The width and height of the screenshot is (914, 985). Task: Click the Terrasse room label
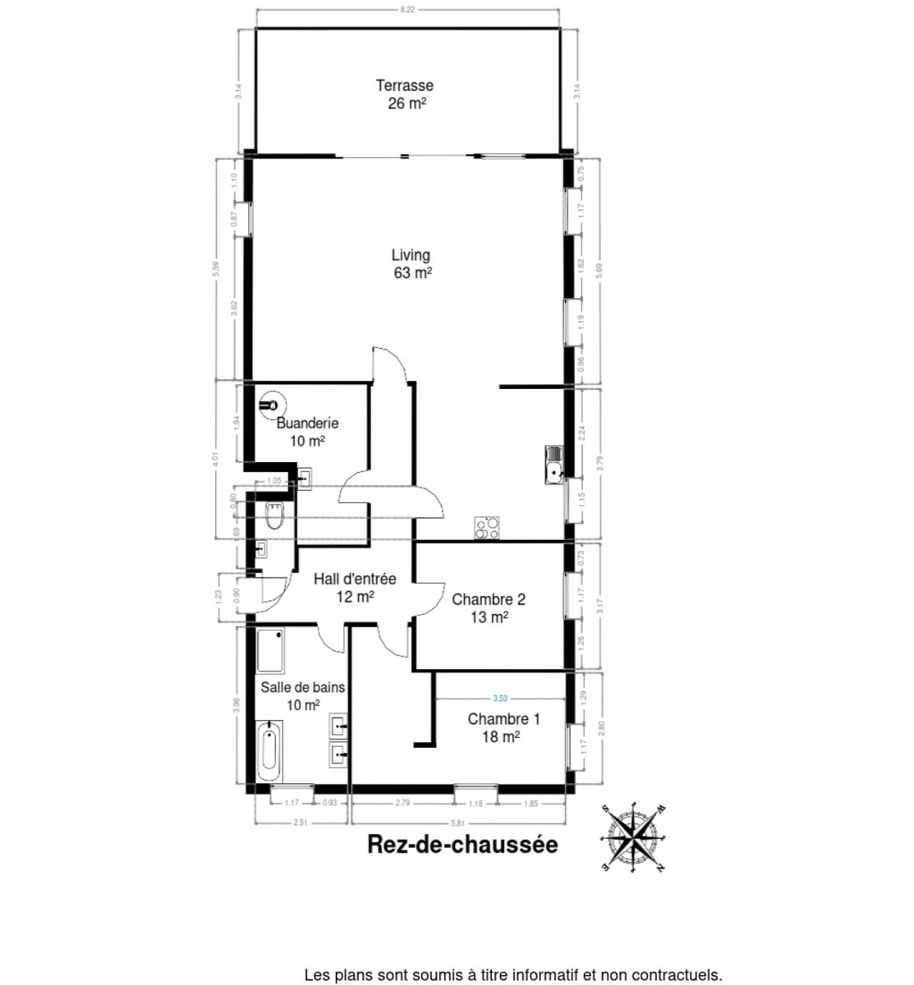pyautogui.click(x=405, y=94)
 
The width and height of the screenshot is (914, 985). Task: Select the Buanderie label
pyautogui.click(x=307, y=432)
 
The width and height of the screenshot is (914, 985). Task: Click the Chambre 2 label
pyautogui.click(x=489, y=607)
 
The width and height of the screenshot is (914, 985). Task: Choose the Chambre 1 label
pyautogui.click(x=503, y=727)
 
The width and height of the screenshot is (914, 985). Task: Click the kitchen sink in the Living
pyautogui.click(x=553, y=465)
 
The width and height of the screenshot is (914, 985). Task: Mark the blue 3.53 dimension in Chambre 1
pyautogui.click(x=499, y=699)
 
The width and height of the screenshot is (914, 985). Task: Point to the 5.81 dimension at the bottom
pyautogui.click(x=457, y=822)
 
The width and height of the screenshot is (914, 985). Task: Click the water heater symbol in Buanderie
pyautogui.click(x=269, y=405)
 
